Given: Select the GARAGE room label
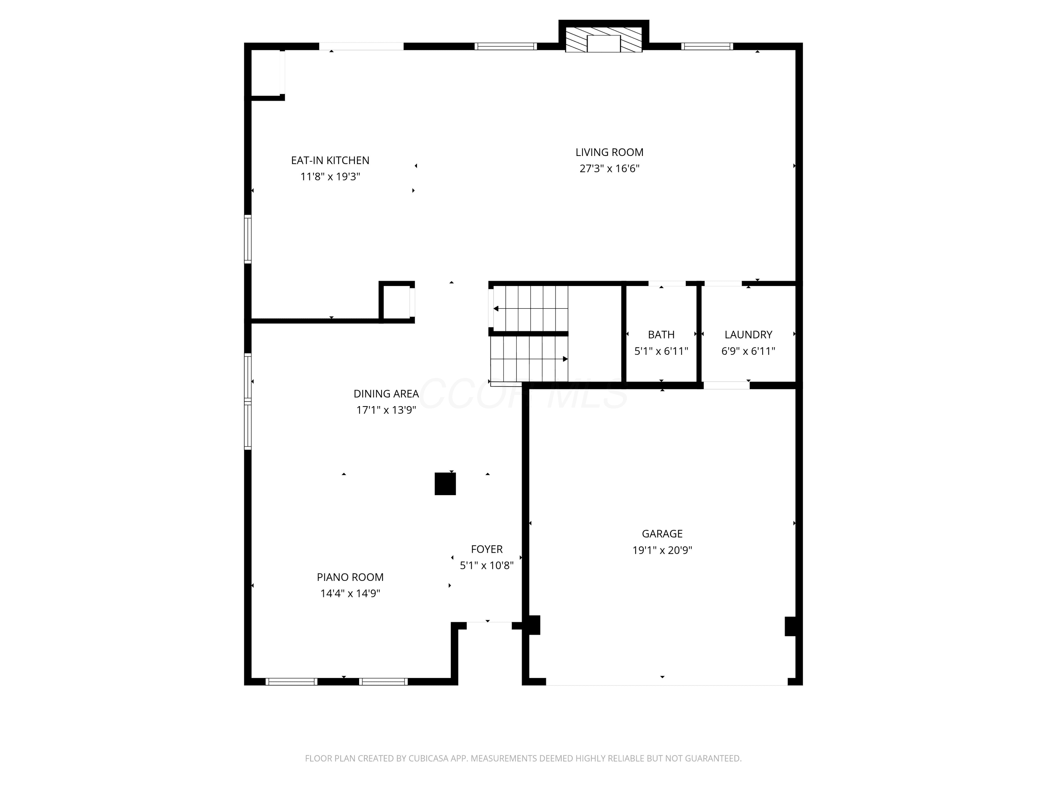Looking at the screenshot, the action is (662, 534).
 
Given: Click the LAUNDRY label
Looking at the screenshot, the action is (748, 335).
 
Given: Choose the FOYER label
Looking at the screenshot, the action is (487, 549).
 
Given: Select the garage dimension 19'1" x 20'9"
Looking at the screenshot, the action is (662, 550).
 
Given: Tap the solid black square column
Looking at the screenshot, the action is (445, 484).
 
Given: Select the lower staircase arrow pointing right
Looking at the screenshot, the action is (529, 359).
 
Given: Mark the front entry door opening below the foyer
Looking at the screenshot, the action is (489, 626).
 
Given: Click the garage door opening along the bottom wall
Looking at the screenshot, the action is (667, 682).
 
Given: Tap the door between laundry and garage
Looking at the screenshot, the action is (727, 385).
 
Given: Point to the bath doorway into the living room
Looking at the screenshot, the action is (667, 283).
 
